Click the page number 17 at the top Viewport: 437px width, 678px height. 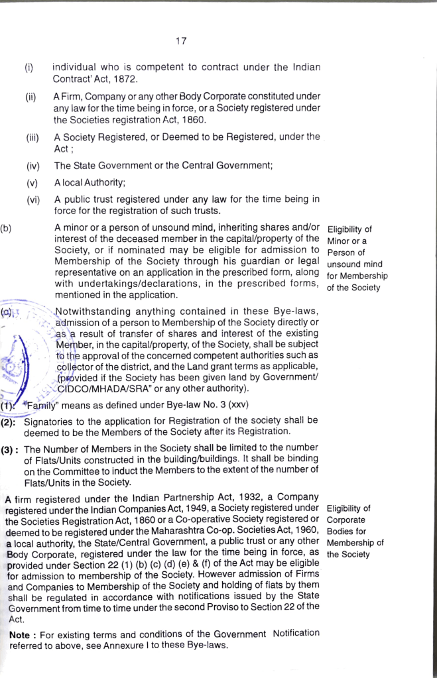point(181,41)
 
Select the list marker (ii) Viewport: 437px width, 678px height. point(31,97)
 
